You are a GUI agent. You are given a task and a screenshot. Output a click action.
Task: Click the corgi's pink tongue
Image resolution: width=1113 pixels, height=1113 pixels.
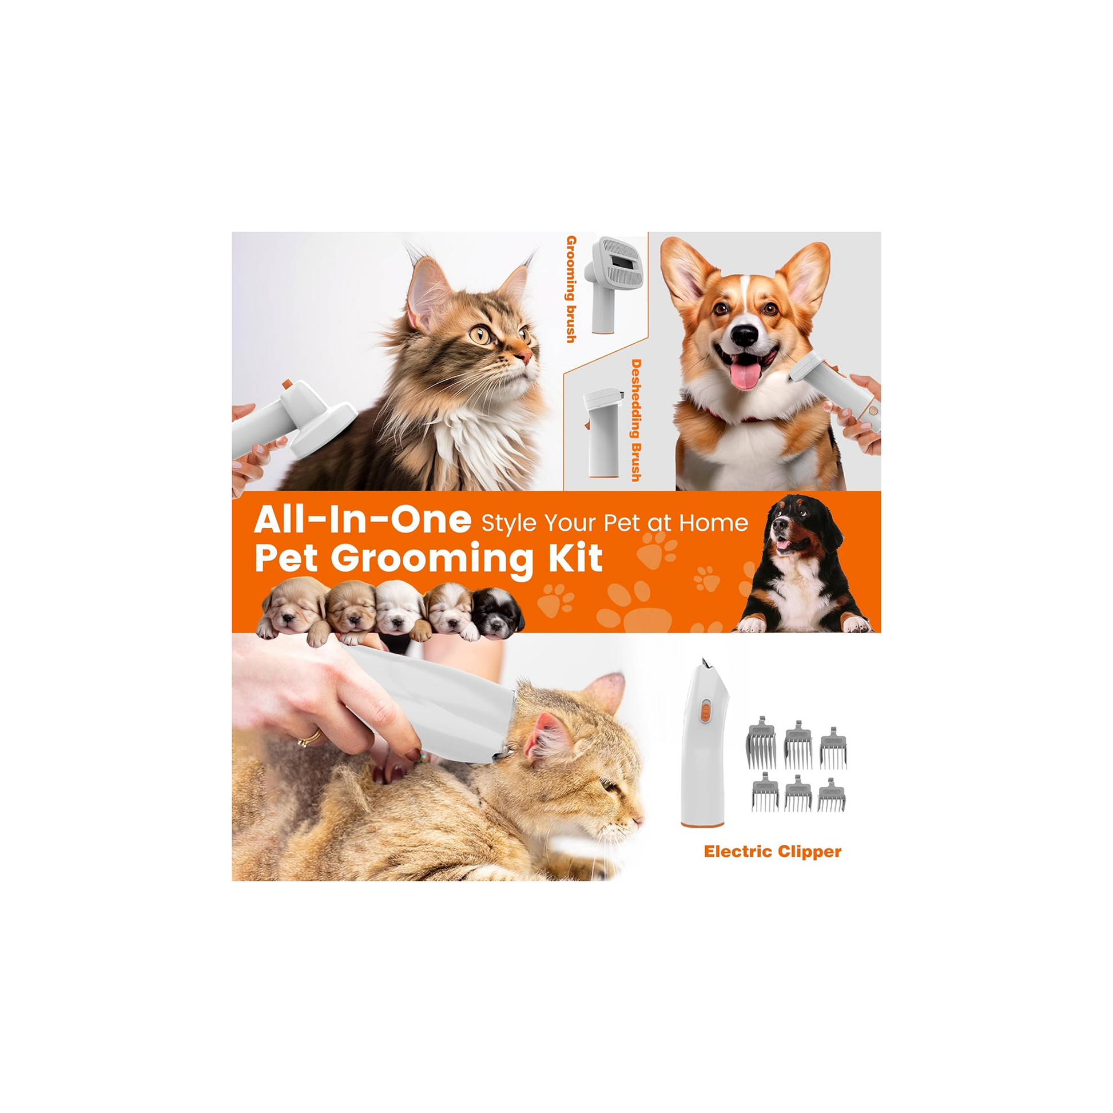click(745, 374)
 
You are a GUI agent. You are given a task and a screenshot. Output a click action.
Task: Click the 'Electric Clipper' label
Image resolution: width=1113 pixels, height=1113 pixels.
click(773, 852)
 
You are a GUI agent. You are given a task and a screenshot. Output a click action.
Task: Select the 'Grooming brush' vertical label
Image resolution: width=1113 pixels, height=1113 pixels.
click(571, 289)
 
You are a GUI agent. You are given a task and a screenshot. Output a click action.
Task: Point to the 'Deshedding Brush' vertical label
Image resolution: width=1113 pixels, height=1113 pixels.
click(636, 420)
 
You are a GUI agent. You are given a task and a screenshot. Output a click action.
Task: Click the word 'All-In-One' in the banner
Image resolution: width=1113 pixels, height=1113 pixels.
click(363, 520)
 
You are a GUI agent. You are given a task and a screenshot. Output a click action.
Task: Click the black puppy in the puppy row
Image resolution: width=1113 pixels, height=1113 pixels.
click(498, 614)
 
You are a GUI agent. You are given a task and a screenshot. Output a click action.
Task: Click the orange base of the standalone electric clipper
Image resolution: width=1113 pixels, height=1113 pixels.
click(702, 824)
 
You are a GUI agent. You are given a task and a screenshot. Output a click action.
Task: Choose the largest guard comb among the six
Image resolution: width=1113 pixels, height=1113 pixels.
click(761, 743)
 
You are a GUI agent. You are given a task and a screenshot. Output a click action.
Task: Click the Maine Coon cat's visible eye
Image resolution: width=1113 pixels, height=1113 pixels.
click(480, 334)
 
